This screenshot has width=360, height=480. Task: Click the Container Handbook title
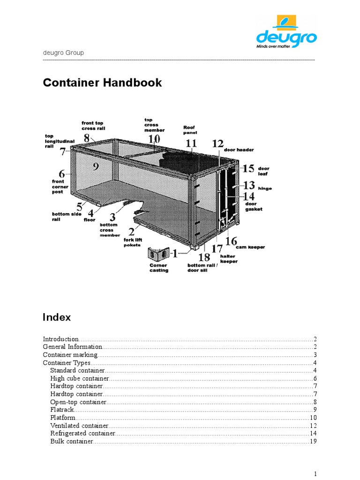click(x=102, y=83)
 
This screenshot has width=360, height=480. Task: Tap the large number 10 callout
click(x=154, y=139)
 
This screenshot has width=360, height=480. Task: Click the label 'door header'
click(x=239, y=150)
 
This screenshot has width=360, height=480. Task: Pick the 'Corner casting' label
click(x=158, y=268)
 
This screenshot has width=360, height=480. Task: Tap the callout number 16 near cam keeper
click(x=231, y=241)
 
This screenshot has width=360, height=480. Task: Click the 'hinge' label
click(x=264, y=188)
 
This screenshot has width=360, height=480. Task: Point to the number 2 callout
click(x=132, y=232)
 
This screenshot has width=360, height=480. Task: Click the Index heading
click(x=57, y=317)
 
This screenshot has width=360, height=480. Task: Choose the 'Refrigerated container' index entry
click(x=82, y=434)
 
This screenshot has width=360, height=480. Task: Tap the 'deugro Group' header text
click(x=63, y=53)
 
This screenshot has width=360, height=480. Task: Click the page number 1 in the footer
click(x=316, y=473)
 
